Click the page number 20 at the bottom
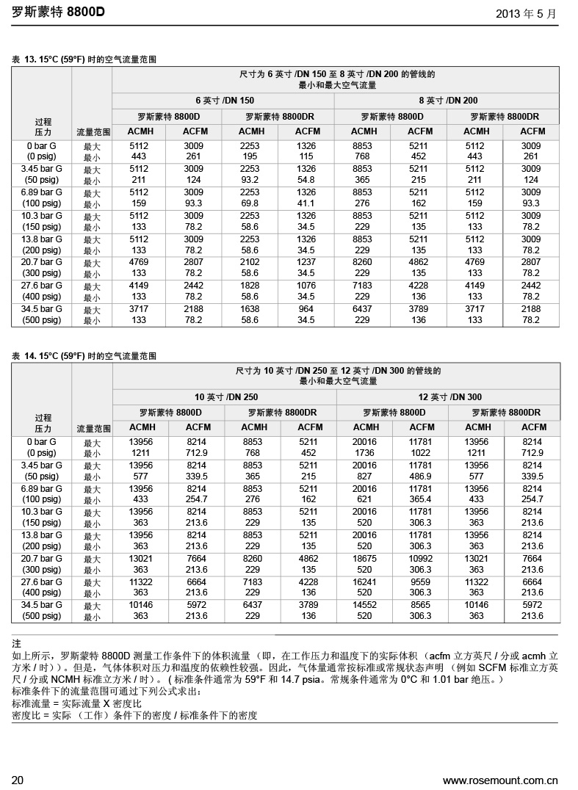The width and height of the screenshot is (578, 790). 18,780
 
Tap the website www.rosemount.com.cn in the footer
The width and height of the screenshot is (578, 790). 500,780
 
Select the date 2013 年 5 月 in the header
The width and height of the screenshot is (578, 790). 526,13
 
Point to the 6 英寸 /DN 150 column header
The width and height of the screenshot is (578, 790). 224,101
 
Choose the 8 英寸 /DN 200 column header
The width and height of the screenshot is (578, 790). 448,101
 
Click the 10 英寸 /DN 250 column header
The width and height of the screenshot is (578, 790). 225,397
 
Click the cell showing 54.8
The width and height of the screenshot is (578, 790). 306,180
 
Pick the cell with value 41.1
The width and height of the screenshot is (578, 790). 306,203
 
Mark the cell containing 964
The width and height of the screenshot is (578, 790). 306,309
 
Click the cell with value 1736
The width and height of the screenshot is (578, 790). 364,453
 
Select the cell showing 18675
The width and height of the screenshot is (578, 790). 364,559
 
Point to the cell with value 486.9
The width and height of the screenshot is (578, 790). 420,476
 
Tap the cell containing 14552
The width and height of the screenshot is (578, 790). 364,606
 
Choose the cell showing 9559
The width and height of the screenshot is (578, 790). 420,582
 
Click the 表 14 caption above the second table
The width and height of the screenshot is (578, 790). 85,356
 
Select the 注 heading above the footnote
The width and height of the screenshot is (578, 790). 17,644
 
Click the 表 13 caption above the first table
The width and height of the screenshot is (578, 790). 85,59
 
